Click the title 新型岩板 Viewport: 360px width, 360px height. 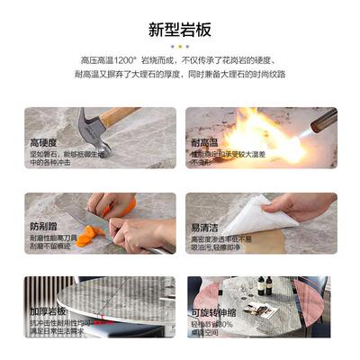[x=180, y=30]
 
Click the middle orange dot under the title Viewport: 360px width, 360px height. [x=180, y=46]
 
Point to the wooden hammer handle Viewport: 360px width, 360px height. [x=121, y=116]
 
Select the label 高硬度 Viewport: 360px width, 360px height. [x=45, y=143]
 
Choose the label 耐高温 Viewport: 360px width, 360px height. [x=204, y=143]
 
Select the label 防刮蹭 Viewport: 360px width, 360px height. [x=45, y=228]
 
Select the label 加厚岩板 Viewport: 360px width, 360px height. [x=49, y=311]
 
